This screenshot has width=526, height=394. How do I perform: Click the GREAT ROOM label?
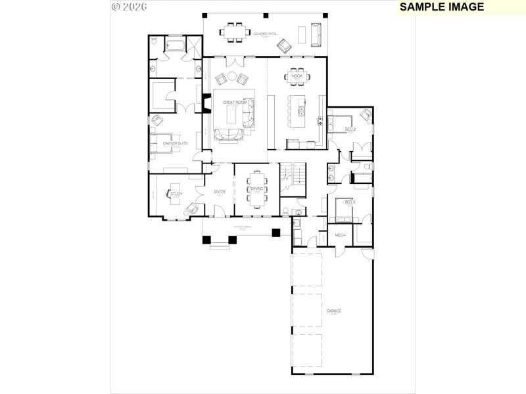(x=234, y=102)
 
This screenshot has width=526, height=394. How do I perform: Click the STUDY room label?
(x=176, y=194)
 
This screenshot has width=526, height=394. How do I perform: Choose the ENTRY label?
(x=220, y=192)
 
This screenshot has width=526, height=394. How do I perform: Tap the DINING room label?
(x=256, y=189)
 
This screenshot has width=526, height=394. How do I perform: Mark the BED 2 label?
(x=350, y=129)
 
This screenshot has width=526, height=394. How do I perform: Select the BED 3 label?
(x=350, y=202)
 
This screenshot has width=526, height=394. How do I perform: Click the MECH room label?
(x=340, y=235)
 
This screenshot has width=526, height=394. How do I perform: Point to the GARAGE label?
(x=333, y=311)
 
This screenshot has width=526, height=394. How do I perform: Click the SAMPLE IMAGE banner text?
(x=442, y=7)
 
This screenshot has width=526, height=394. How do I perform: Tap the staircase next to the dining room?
(x=294, y=174)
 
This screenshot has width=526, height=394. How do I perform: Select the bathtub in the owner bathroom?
(x=175, y=46)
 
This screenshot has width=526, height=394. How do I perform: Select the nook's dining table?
(x=297, y=76)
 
